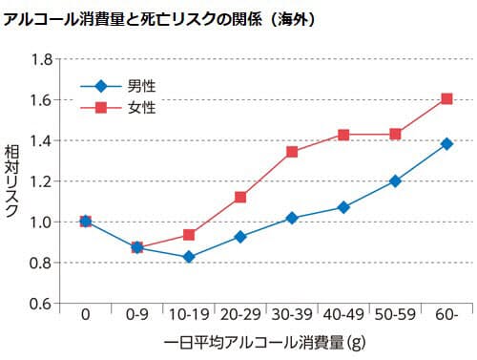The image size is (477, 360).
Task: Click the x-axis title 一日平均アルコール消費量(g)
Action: (x=266, y=340)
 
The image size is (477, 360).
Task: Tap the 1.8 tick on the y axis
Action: (x=40, y=59)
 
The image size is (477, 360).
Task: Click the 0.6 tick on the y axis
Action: (x=40, y=304)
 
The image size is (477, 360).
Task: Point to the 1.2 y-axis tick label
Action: (x=40, y=181)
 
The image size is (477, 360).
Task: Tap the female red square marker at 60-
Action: (x=446, y=98)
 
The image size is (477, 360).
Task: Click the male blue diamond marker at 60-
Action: (x=446, y=143)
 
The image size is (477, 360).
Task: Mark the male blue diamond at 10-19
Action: (x=189, y=257)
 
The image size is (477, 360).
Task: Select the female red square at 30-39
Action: (x=292, y=152)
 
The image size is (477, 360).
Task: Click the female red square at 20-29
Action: (x=240, y=197)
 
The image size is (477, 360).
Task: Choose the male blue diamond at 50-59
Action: (x=395, y=180)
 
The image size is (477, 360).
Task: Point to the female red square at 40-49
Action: (x=343, y=135)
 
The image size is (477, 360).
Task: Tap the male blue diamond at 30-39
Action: (x=292, y=218)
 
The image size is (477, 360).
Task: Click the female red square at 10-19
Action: (x=189, y=234)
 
